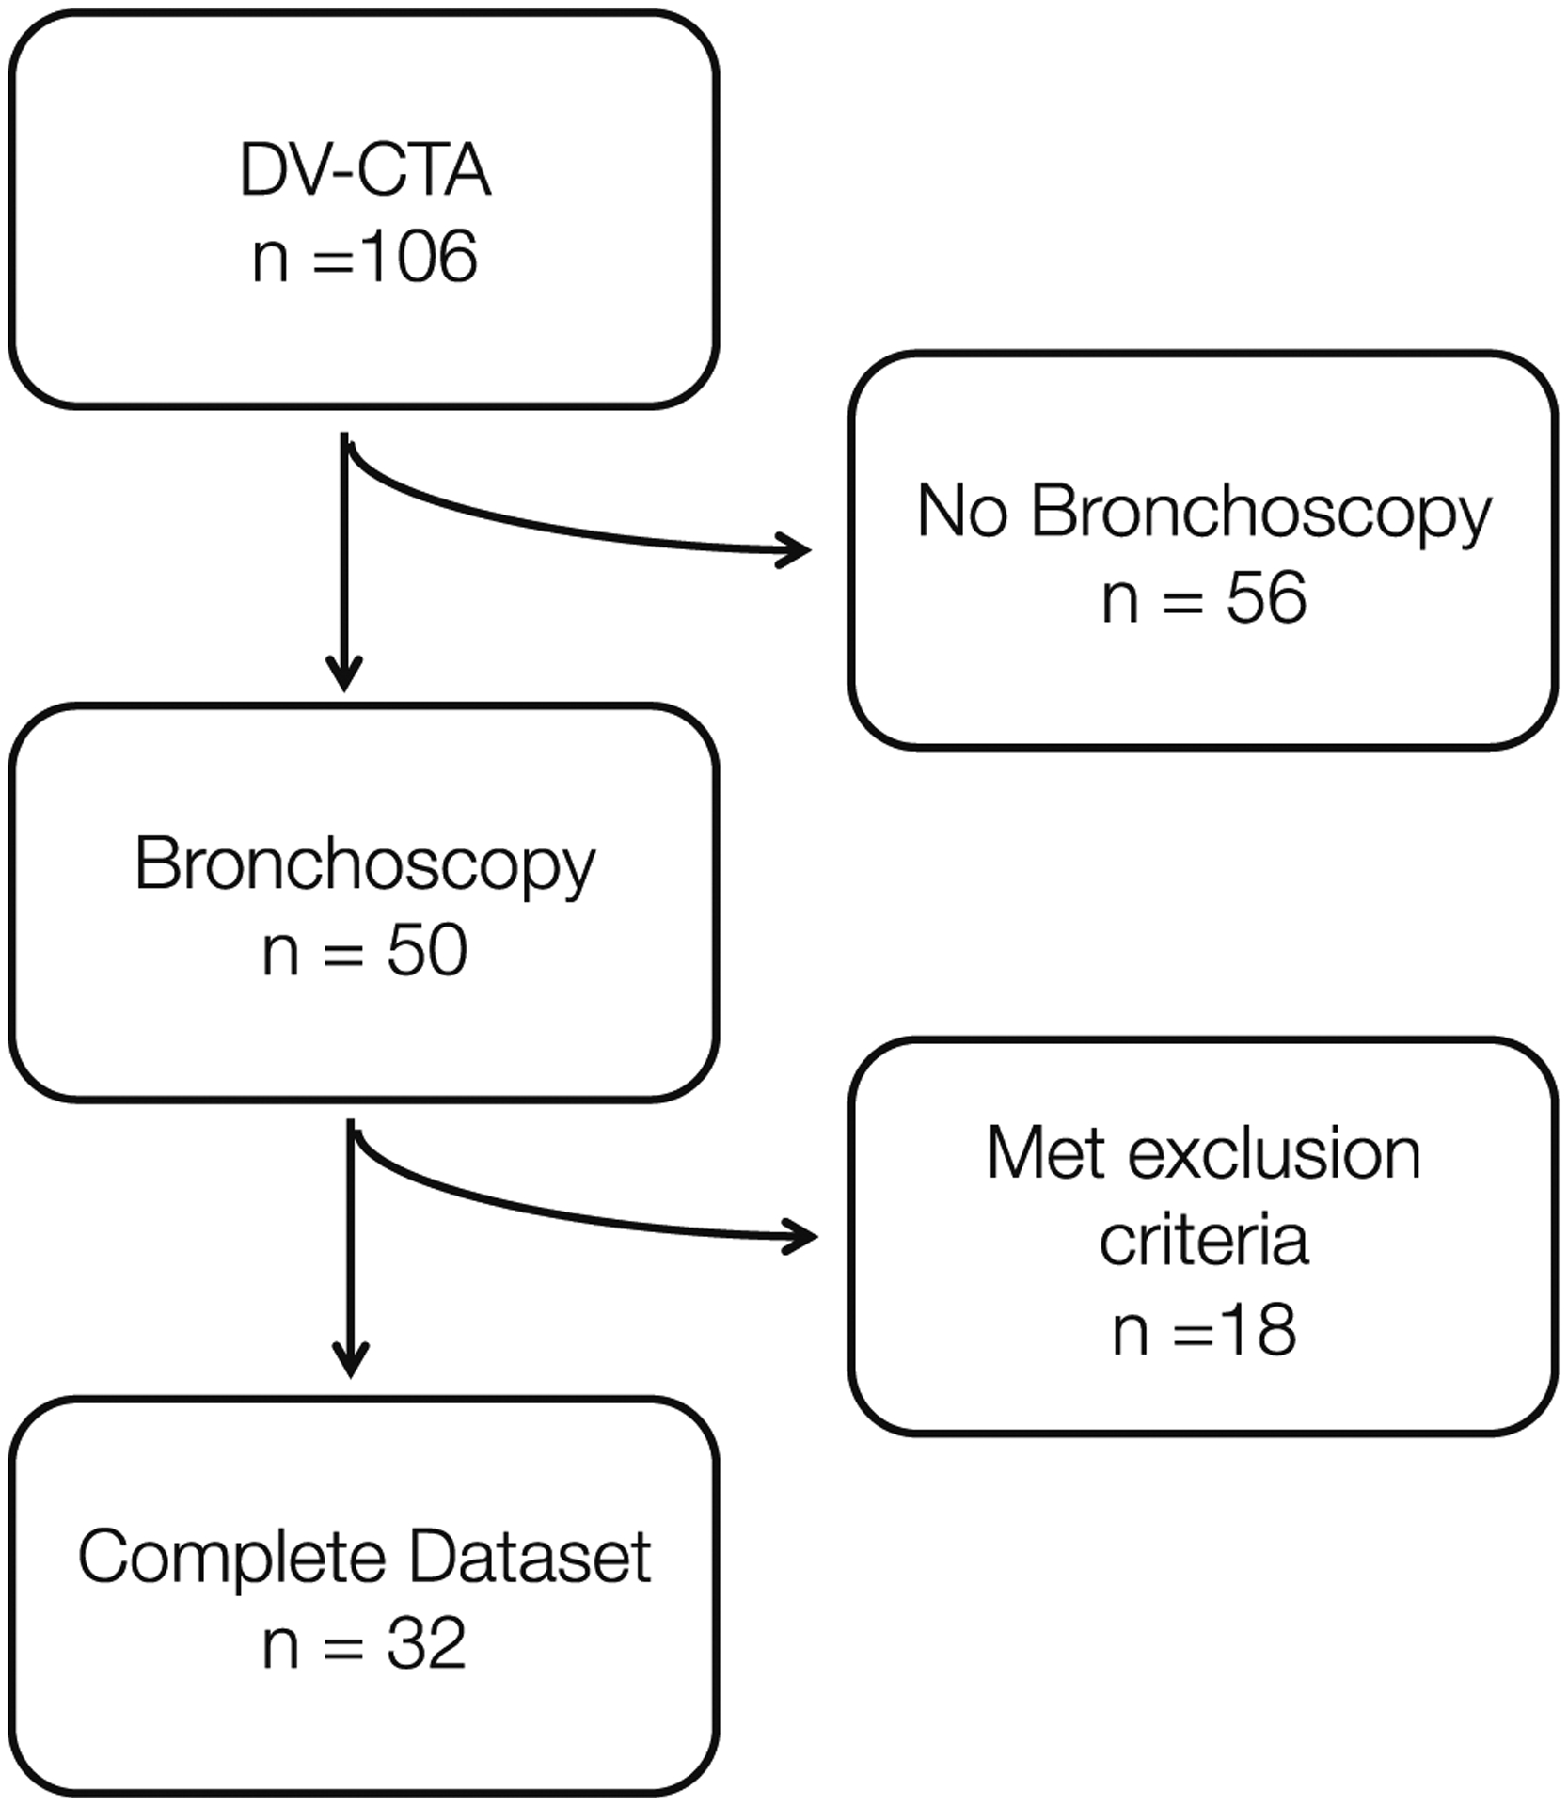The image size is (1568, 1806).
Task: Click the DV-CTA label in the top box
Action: (365, 170)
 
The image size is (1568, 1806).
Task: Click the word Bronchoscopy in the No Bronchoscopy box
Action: (1260, 515)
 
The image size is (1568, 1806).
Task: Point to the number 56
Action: (1265, 598)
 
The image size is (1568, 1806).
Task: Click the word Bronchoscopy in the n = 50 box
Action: (365, 865)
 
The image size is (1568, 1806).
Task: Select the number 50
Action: (426, 951)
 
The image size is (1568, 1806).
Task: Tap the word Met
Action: (1044, 1154)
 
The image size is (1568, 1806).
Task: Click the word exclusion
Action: (1274, 1154)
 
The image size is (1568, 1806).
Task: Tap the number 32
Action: (426, 1645)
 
